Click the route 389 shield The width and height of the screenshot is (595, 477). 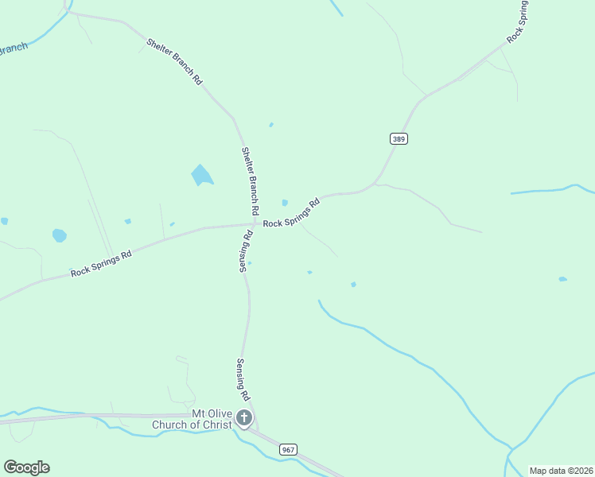399,138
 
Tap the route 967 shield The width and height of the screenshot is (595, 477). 288,450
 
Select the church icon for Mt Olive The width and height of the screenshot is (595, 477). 244,418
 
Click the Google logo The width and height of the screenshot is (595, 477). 26,467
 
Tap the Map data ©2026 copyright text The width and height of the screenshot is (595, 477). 561,471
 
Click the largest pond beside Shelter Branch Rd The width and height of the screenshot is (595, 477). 202,175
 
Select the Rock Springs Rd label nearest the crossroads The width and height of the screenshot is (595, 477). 291,213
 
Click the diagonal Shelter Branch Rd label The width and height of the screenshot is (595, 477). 175,60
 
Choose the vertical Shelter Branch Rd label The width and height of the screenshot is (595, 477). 251,182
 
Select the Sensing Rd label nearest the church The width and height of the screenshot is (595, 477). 243,379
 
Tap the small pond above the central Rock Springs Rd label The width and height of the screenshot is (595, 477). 285,203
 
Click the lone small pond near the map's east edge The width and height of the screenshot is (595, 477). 562,279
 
